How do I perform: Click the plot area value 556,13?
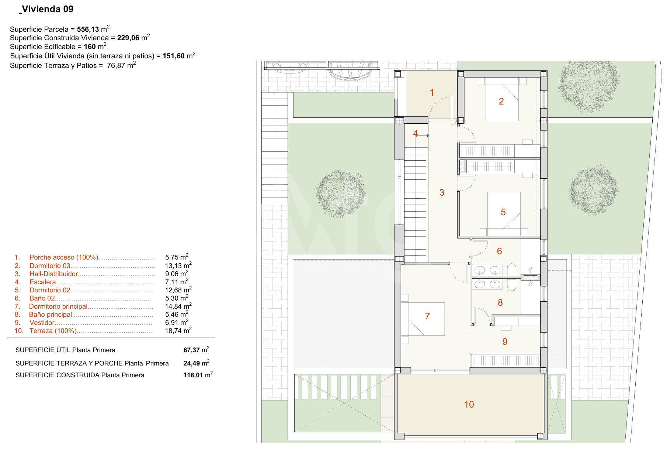click(88, 30)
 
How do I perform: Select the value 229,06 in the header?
click(128, 38)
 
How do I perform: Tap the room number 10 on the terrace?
click(469, 405)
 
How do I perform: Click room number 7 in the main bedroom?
click(427, 316)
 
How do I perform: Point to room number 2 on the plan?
click(501, 102)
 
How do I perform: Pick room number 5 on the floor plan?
click(503, 212)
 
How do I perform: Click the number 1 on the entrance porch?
click(432, 93)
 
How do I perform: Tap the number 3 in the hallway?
click(442, 193)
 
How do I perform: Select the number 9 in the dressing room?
click(505, 342)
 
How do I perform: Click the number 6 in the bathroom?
click(500, 251)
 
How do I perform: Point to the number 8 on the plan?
click(500, 303)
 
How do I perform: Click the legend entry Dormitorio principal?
click(58, 306)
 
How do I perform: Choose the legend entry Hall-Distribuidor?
click(54, 274)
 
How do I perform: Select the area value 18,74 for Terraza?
click(174, 331)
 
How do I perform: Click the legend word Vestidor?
click(42, 323)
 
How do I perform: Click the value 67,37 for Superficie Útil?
click(191, 350)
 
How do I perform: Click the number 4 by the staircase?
click(416, 133)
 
